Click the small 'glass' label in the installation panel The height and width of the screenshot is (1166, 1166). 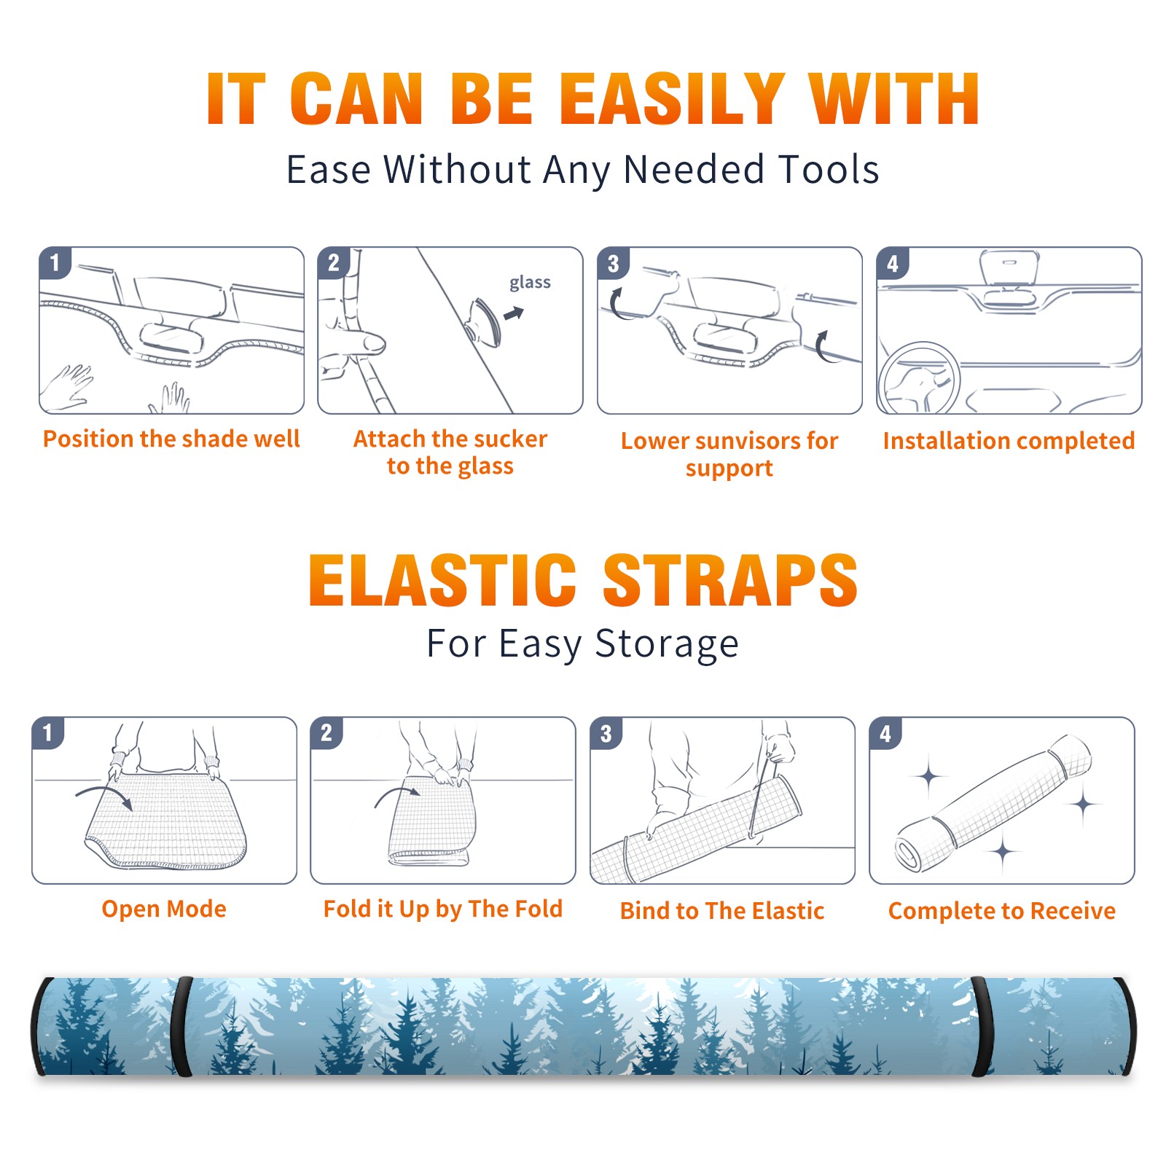point(530,282)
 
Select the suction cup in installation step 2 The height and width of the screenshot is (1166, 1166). point(484,321)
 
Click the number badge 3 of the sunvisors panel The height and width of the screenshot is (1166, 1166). point(613,263)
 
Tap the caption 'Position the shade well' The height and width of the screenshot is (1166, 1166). point(171,439)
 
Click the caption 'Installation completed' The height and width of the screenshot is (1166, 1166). point(1009,441)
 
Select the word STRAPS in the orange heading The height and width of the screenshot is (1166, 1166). point(730,580)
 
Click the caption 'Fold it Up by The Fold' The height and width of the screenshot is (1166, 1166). point(443,909)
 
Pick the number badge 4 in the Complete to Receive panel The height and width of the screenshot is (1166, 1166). point(885,733)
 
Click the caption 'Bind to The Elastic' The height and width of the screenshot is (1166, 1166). point(722,911)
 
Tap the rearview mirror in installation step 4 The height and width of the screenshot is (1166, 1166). point(1009,269)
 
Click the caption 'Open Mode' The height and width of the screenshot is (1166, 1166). point(164,909)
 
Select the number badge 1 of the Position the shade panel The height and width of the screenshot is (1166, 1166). point(55,262)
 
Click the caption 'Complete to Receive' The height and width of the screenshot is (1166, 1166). point(1002,911)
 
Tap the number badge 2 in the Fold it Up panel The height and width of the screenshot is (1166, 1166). point(326,733)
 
